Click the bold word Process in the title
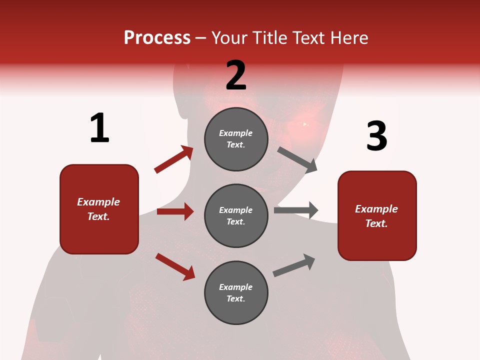click(x=157, y=37)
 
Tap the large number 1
click(x=99, y=128)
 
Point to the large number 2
click(x=236, y=75)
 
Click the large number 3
click(x=376, y=136)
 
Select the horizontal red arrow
click(x=175, y=211)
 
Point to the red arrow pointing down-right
click(x=175, y=266)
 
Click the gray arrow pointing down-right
click(x=297, y=159)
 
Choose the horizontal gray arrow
click(x=296, y=210)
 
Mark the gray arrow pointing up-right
click(x=294, y=265)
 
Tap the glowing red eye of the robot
click(x=304, y=123)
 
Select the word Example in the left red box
click(x=98, y=202)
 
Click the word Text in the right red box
click(x=376, y=223)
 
